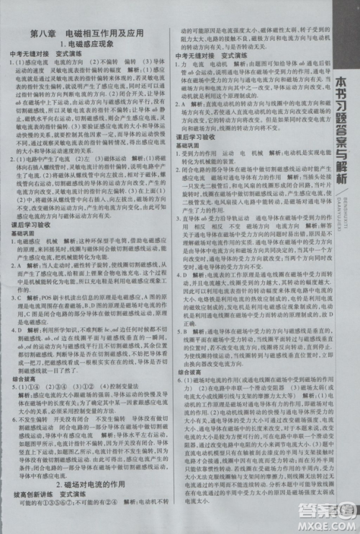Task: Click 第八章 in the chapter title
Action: click(44, 34)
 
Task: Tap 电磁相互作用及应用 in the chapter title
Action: click(104, 34)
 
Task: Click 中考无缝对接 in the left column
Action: click(30, 55)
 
